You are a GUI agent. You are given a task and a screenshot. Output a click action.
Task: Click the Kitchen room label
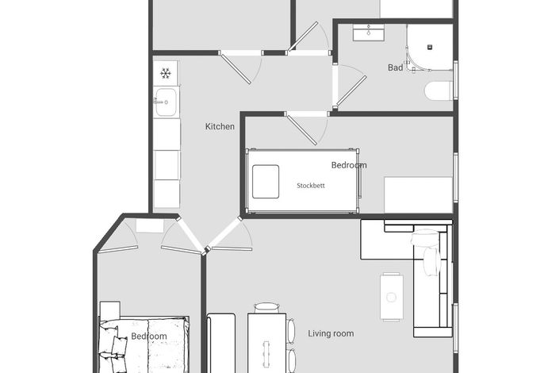[220, 126]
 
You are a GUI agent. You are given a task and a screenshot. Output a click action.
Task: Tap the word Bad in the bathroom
[395, 67]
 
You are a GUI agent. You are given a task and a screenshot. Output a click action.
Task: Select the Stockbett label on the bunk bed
[311, 186]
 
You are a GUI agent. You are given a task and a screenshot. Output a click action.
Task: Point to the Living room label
[331, 333]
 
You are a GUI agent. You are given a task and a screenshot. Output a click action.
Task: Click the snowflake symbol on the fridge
[166, 73]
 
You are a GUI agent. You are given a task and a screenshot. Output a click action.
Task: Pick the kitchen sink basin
[166, 102]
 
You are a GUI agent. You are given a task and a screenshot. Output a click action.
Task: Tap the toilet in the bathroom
[439, 91]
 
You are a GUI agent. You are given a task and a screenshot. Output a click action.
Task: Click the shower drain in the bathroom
[430, 47]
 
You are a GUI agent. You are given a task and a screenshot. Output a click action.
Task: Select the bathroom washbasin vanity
[369, 33]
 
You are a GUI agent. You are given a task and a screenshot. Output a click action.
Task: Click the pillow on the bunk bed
[266, 182]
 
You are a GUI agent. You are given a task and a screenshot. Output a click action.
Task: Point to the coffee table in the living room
[392, 298]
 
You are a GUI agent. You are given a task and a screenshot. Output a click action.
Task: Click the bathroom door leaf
[351, 91]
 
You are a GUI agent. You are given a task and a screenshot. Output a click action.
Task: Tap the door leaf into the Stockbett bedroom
[301, 130]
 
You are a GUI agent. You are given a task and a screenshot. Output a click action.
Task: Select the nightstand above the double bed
[110, 309]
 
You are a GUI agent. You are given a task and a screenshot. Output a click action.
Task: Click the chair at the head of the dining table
[266, 308]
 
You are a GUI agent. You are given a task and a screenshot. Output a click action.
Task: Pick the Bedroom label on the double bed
[149, 336]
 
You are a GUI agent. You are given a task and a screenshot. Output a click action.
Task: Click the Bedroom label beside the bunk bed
[349, 165]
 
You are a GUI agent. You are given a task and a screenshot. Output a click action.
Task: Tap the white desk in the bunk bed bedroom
[419, 195]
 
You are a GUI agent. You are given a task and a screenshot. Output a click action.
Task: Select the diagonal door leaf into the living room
[224, 233]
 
